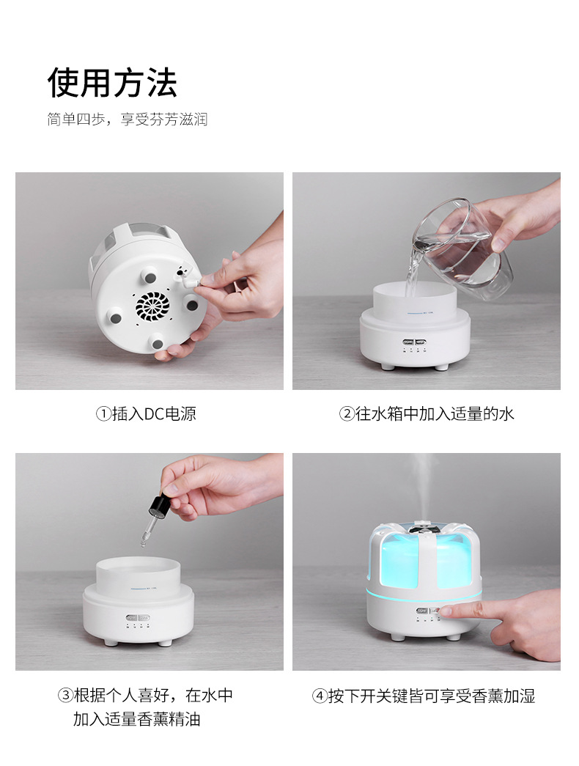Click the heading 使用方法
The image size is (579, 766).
112,82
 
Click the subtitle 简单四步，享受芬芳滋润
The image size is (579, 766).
128,119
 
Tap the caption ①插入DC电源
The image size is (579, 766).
146,413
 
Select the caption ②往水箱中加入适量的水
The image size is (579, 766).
426,413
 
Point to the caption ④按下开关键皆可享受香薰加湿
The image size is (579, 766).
424,696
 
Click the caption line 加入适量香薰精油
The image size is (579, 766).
137,719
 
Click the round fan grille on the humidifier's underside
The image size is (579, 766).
152,307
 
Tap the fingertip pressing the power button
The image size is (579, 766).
445,611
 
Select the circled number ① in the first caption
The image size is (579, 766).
103,414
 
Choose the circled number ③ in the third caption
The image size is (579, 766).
65,695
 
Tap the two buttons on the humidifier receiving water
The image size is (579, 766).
414,343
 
